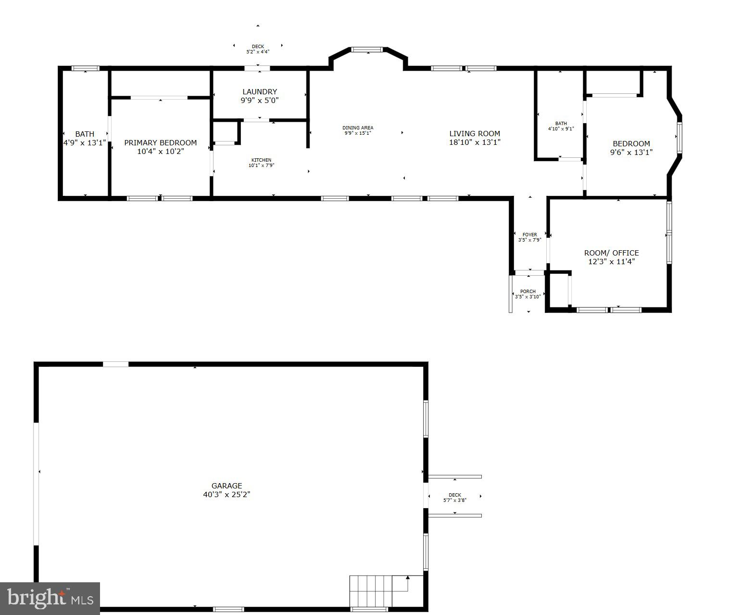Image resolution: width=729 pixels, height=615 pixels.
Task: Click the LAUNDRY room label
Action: (x=260, y=91)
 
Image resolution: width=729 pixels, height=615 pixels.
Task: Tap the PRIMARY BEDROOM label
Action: (x=160, y=142)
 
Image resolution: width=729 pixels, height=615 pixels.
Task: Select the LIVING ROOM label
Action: (x=475, y=133)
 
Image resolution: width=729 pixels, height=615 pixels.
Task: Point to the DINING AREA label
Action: (x=358, y=128)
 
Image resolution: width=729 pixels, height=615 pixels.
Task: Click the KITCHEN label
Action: (x=261, y=160)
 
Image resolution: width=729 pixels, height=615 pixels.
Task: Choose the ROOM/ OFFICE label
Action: (x=611, y=253)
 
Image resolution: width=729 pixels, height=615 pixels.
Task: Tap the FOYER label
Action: (x=529, y=234)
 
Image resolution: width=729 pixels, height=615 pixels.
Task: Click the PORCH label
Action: (x=528, y=291)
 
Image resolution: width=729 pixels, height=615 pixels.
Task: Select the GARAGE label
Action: (x=226, y=486)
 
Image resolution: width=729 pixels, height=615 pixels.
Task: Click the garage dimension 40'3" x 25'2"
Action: (x=226, y=494)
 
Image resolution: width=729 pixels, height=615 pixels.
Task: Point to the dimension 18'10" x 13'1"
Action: (x=475, y=142)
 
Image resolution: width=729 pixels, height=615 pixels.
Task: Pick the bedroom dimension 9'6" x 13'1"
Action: (x=631, y=153)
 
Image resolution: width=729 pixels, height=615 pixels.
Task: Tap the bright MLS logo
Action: (x=50, y=598)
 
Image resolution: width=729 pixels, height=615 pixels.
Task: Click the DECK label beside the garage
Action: (x=454, y=495)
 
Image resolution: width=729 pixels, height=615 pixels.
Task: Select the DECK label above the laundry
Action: (x=258, y=46)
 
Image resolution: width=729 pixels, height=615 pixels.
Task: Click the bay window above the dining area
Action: (x=367, y=49)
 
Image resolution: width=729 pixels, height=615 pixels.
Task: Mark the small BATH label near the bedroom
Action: (x=561, y=123)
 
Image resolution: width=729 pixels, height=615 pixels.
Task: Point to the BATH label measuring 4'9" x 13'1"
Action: (x=85, y=134)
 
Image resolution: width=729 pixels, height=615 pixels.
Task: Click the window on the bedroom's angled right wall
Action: (x=679, y=138)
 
